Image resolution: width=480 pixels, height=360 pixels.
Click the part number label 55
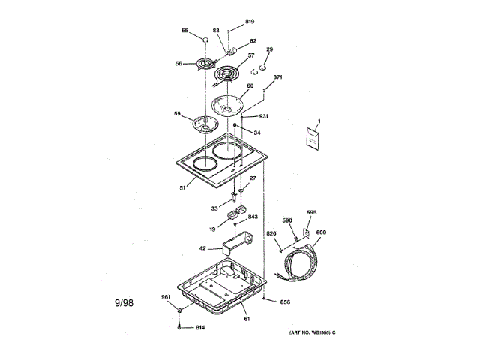coord(184,31)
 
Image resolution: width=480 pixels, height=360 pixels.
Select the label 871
coord(277,77)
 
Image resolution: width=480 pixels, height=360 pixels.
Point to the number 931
coord(264,116)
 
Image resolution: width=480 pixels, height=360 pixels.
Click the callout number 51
coord(181,189)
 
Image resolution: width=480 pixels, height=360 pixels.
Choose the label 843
coord(253,217)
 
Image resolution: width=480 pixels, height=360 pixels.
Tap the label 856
coord(285,303)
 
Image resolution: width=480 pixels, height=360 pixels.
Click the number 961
coord(166,297)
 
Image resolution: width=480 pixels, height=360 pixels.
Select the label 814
coord(200,328)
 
